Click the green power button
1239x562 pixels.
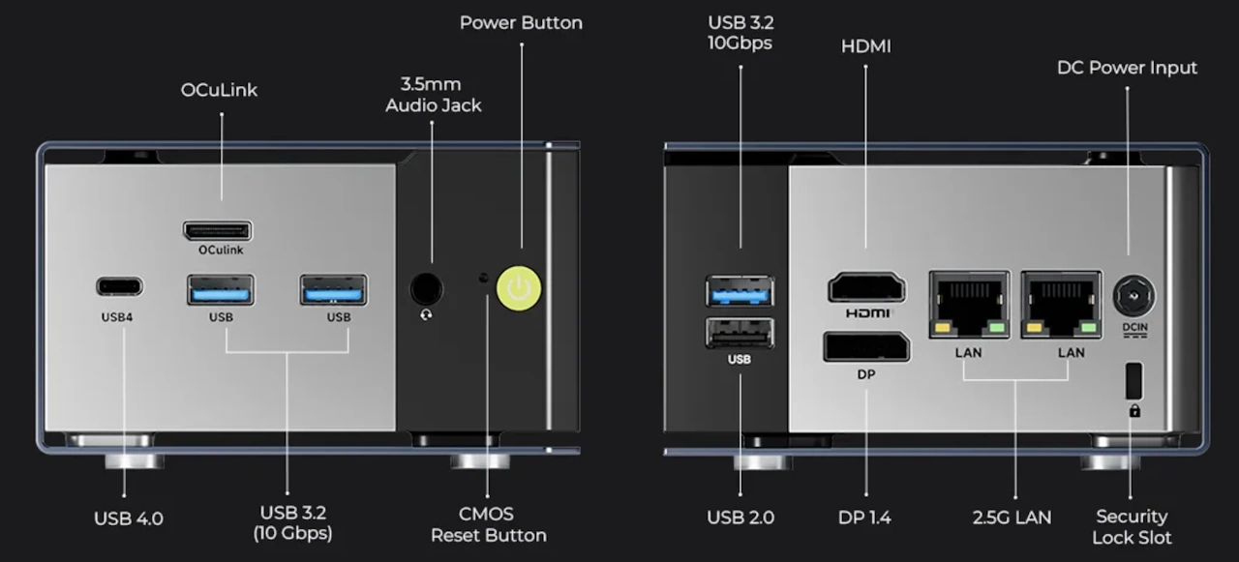click(519, 288)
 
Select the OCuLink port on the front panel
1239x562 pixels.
click(217, 231)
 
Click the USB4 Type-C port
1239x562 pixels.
click(119, 286)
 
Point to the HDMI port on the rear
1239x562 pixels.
click(866, 288)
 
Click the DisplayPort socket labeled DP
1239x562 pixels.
click(866, 346)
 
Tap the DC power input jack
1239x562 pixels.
click(1134, 295)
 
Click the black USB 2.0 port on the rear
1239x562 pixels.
click(740, 333)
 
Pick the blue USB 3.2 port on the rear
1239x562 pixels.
click(740, 290)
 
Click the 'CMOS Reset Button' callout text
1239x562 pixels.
click(488, 524)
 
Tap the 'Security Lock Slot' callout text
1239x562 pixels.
click(1132, 526)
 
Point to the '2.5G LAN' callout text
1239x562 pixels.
click(1012, 518)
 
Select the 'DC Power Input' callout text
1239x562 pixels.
click(1127, 68)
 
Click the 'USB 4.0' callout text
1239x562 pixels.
click(129, 518)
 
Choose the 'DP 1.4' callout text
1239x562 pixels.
click(864, 518)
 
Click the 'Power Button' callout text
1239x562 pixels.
click(521, 22)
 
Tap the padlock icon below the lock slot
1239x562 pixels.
click(1134, 410)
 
